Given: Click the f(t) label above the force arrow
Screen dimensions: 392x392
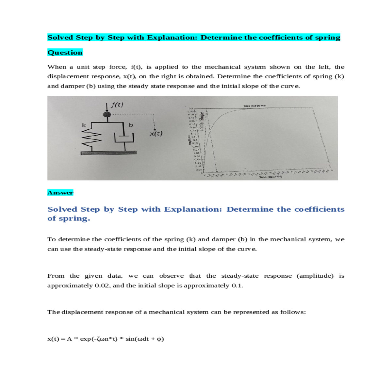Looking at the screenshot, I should (117, 105).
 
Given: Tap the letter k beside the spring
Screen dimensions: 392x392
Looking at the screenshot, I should (84, 125).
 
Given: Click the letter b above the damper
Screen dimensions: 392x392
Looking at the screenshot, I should (131, 125).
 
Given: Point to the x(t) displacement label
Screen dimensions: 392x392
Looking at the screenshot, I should (156, 134).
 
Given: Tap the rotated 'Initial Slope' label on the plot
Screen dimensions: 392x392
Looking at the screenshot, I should (202, 121).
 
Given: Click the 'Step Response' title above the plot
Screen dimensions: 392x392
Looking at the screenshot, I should (255, 106).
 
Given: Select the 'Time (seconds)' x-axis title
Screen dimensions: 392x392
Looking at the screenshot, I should (270, 177).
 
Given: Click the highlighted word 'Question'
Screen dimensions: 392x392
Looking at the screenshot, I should (65, 53).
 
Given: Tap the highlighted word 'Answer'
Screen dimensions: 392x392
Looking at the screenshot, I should (60, 193).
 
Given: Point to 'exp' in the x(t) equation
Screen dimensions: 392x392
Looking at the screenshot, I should (86, 339).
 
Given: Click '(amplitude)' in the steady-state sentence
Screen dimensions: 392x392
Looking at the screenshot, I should (315, 276).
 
